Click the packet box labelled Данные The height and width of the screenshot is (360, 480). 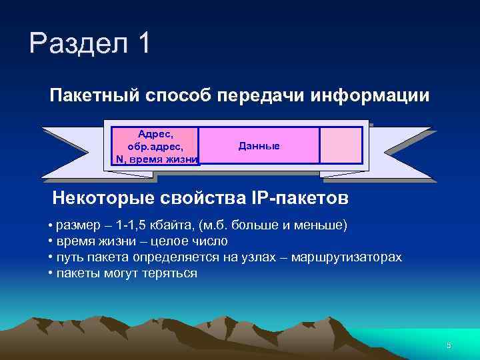pyautogui.click(x=259, y=146)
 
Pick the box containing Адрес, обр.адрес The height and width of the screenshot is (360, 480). pyautogui.click(x=155, y=146)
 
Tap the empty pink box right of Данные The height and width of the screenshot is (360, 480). pyautogui.click(x=341, y=146)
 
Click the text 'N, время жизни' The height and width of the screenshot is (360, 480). pyautogui.click(x=157, y=159)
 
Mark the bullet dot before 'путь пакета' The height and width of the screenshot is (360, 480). pyautogui.click(x=51, y=257)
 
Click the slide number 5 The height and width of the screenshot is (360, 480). pyautogui.click(x=449, y=345)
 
